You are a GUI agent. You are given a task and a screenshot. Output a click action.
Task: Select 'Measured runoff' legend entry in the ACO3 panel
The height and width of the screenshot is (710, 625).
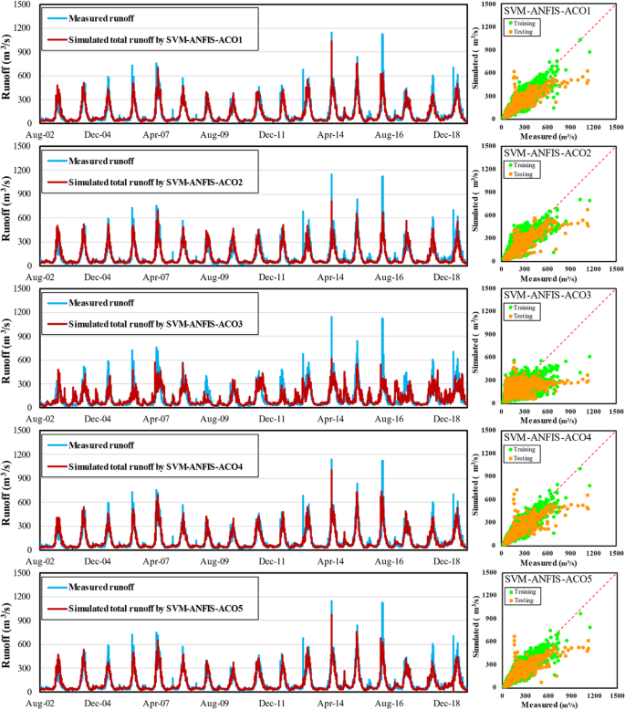(x=101, y=303)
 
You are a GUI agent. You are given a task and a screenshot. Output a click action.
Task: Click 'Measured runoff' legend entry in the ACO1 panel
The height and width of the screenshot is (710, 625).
(x=101, y=18)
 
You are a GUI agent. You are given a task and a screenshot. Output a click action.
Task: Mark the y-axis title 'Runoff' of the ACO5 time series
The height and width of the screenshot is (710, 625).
(x=8, y=631)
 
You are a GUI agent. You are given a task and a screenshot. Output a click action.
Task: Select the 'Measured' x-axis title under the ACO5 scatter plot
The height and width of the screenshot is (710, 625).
(x=557, y=702)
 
